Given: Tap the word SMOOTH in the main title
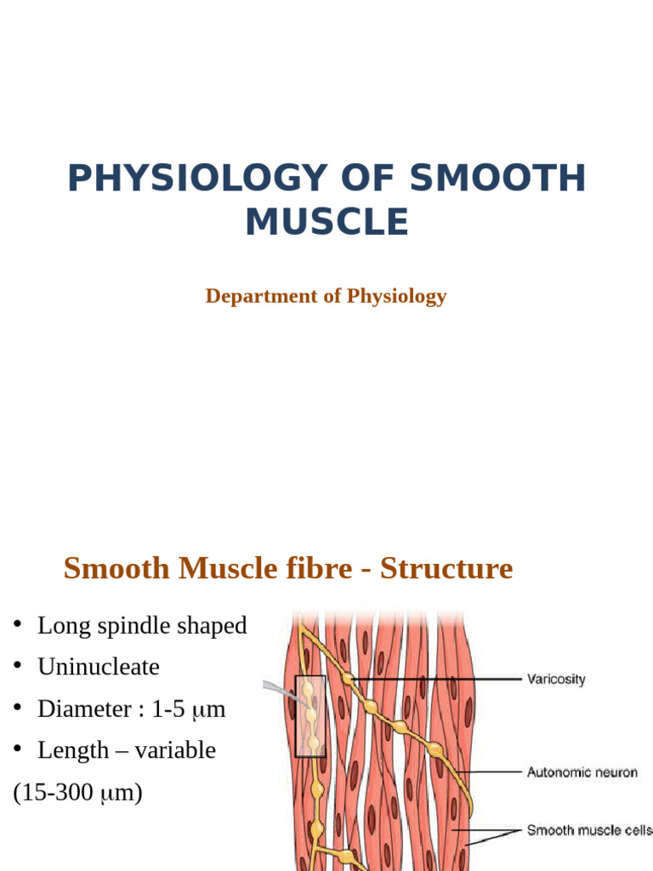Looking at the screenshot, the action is [497, 179].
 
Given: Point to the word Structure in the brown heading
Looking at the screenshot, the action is [446, 568].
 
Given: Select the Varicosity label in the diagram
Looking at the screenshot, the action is [556, 680].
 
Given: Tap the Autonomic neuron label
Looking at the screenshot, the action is [582, 772].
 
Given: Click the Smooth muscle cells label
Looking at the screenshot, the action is [589, 830].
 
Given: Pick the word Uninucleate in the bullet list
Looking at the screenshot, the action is [99, 667].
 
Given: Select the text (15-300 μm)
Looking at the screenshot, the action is [77, 793].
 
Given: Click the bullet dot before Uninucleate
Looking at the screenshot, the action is [17, 667].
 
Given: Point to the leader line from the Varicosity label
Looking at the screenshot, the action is [434, 680].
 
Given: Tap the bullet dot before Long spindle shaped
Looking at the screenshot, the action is [17, 626].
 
